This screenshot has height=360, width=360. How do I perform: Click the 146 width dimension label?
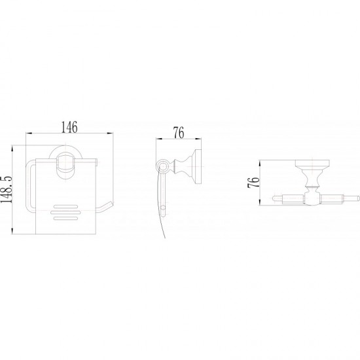pos(69,127)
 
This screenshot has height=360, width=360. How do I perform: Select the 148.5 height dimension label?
pos(6,190)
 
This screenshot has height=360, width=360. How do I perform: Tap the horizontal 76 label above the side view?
pos(179,132)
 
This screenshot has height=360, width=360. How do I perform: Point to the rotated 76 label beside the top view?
pos(253,183)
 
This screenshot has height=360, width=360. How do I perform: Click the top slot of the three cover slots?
pos(65,207)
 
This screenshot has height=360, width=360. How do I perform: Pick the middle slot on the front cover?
pos(65,212)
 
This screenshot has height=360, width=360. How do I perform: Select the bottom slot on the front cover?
pos(65,218)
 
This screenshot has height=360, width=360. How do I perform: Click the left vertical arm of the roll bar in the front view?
pos(28,185)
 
